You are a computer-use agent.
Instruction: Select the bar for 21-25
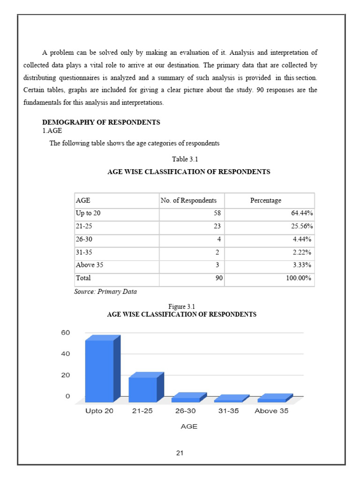[x=143, y=389]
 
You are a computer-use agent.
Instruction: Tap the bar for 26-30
[x=186, y=399]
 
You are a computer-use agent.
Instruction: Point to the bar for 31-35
[x=228, y=400]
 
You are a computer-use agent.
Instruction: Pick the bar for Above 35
[x=272, y=400]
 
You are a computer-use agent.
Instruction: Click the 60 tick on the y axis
[x=65, y=333]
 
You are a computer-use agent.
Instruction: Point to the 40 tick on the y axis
[x=65, y=354]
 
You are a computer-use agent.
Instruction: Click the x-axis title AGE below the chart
[x=189, y=427]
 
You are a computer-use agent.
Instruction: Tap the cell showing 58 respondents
[x=217, y=213]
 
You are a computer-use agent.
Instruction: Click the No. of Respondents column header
[x=188, y=201]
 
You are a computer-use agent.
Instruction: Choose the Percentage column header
[x=266, y=201]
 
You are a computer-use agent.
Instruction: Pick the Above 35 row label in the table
[x=90, y=265]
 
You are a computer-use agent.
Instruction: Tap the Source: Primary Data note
[x=105, y=292]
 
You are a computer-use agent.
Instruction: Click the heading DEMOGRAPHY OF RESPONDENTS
[x=101, y=122]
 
